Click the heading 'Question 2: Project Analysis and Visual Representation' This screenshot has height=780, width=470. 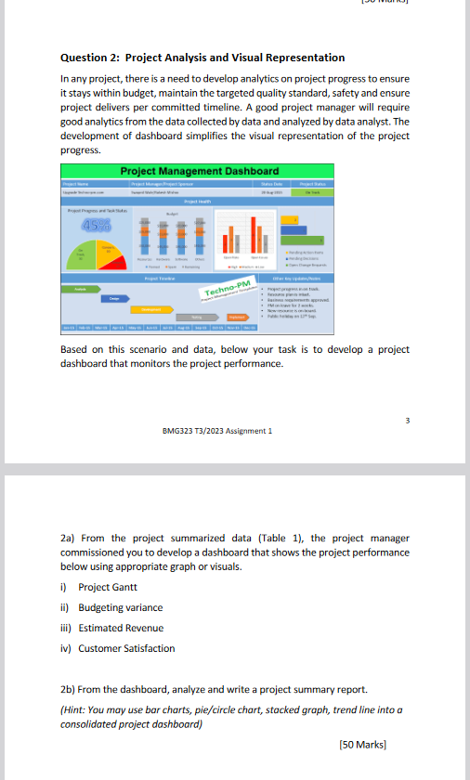point(202,58)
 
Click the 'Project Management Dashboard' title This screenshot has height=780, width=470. point(199,171)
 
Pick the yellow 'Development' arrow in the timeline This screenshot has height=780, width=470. point(147,282)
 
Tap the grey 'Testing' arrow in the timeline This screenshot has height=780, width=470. point(196,291)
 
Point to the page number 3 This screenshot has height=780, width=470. point(407,420)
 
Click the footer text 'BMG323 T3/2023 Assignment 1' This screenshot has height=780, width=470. point(216,430)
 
